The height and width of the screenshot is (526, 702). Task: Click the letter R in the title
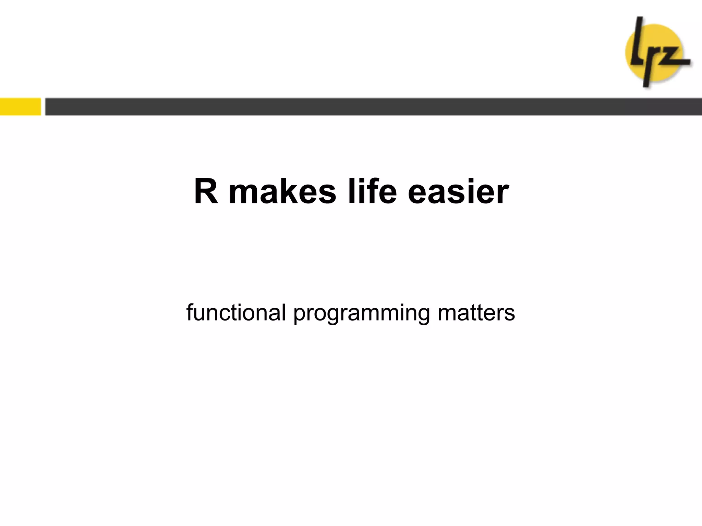click(206, 191)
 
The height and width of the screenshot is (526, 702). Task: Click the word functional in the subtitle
click(236, 312)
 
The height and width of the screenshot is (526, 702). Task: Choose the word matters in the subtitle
click(476, 312)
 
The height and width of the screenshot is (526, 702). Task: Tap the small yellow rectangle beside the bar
click(20, 107)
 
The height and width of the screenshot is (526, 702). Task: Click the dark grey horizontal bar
click(373, 107)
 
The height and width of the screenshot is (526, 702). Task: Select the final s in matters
click(509, 314)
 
